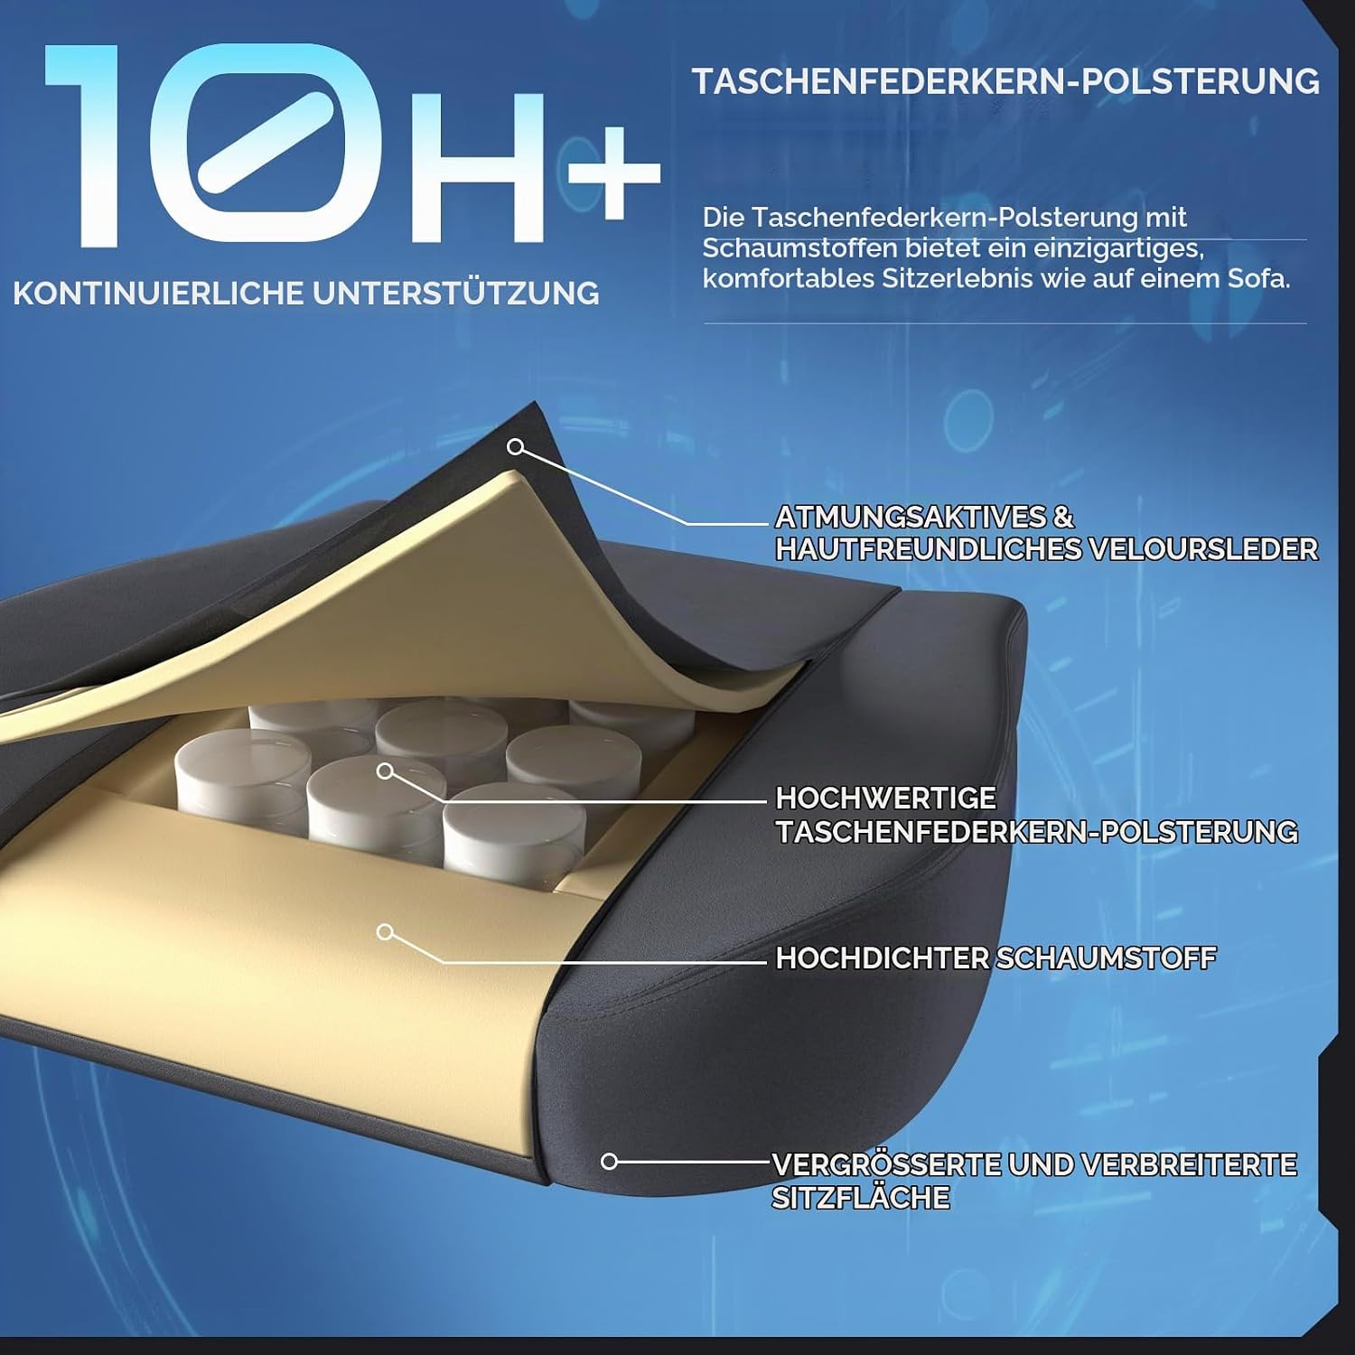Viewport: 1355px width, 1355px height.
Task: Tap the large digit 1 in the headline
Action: point(89,145)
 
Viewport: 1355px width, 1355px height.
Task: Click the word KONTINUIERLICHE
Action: point(158,294)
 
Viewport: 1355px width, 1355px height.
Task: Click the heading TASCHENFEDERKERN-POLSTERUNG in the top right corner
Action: point(1005,81)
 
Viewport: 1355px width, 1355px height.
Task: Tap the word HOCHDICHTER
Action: point(882,958)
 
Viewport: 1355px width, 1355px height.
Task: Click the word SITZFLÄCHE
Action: point(860,1198)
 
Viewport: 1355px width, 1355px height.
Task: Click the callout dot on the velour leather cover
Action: point(516,446)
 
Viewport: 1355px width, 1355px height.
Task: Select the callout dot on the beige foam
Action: point(386,931)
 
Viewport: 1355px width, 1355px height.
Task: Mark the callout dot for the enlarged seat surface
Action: point(610,1162)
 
